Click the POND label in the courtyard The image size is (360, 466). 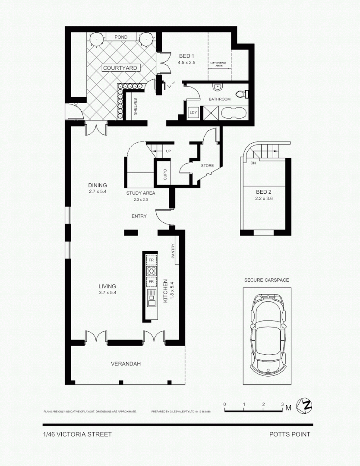coord(121,37)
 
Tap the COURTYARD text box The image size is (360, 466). coord(120,68)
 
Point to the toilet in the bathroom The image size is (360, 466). coord(241,93)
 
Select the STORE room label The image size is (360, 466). coord(207,165)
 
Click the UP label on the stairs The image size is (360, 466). coord(168,151)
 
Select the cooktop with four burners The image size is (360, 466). coord(151,271)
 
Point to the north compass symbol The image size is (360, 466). coord(307,406)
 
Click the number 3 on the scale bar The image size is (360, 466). coord(282,404)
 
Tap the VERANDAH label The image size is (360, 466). coord(126,364)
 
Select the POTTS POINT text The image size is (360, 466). coord(290,435)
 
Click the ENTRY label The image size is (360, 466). coord(139,216)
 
